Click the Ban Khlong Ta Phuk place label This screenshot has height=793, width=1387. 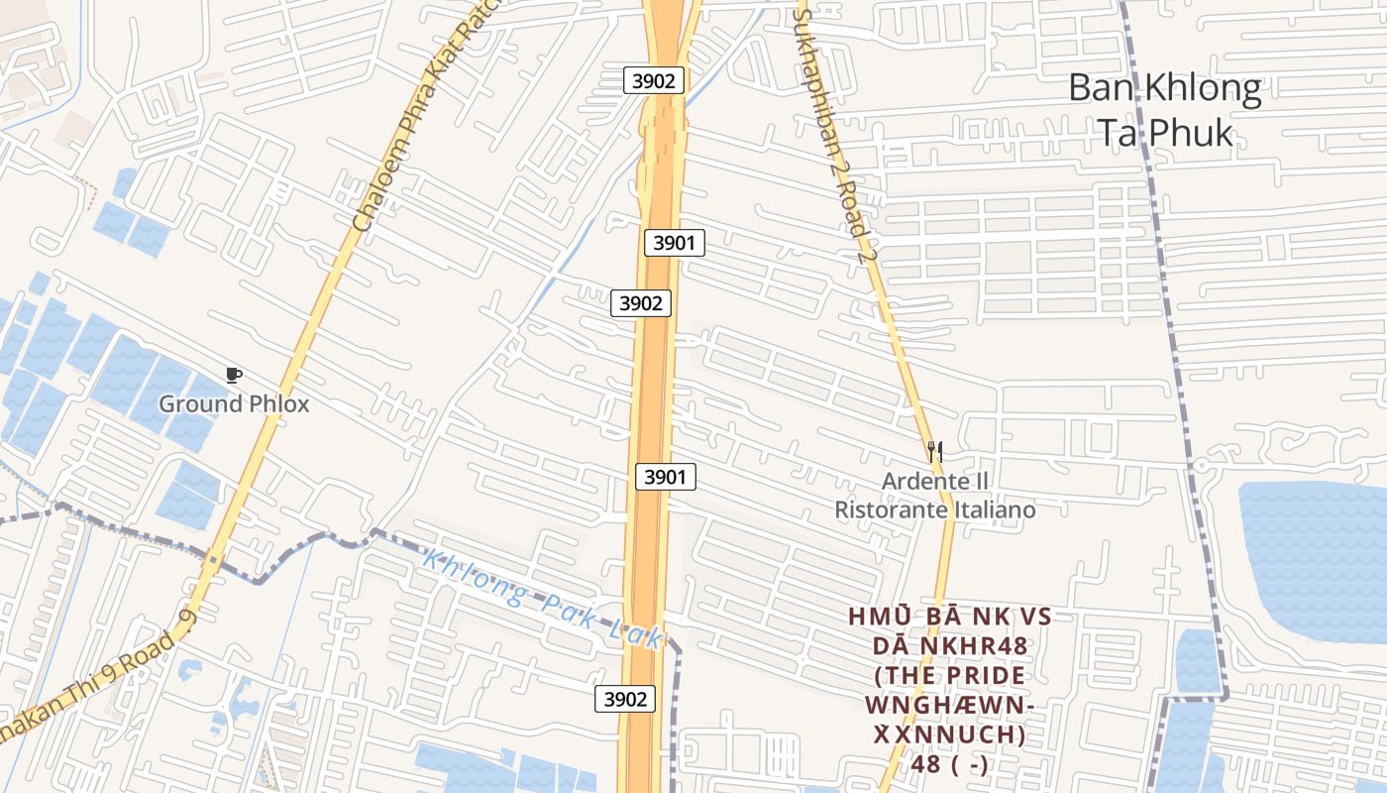coord(1165,110)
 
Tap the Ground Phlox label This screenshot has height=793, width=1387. coord(234,404)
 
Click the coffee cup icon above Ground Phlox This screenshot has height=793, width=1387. coord(234,375)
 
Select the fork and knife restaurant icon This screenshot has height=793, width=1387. coord(934,451)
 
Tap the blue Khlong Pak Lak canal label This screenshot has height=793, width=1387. coord(541,599)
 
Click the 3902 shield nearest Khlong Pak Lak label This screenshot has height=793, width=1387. coord(626,699)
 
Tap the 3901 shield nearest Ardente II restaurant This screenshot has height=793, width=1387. coord(665,477)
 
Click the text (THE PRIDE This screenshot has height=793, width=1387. coord(949,676)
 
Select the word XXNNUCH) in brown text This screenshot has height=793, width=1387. coord(948,736)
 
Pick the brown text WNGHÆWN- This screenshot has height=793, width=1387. coord(949,706)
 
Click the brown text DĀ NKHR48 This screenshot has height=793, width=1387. coord(949,646)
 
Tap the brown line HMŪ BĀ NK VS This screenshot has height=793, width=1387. coord(949,617)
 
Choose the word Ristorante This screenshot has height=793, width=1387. coord(882,510)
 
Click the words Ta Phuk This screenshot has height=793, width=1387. coord(1165,133)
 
